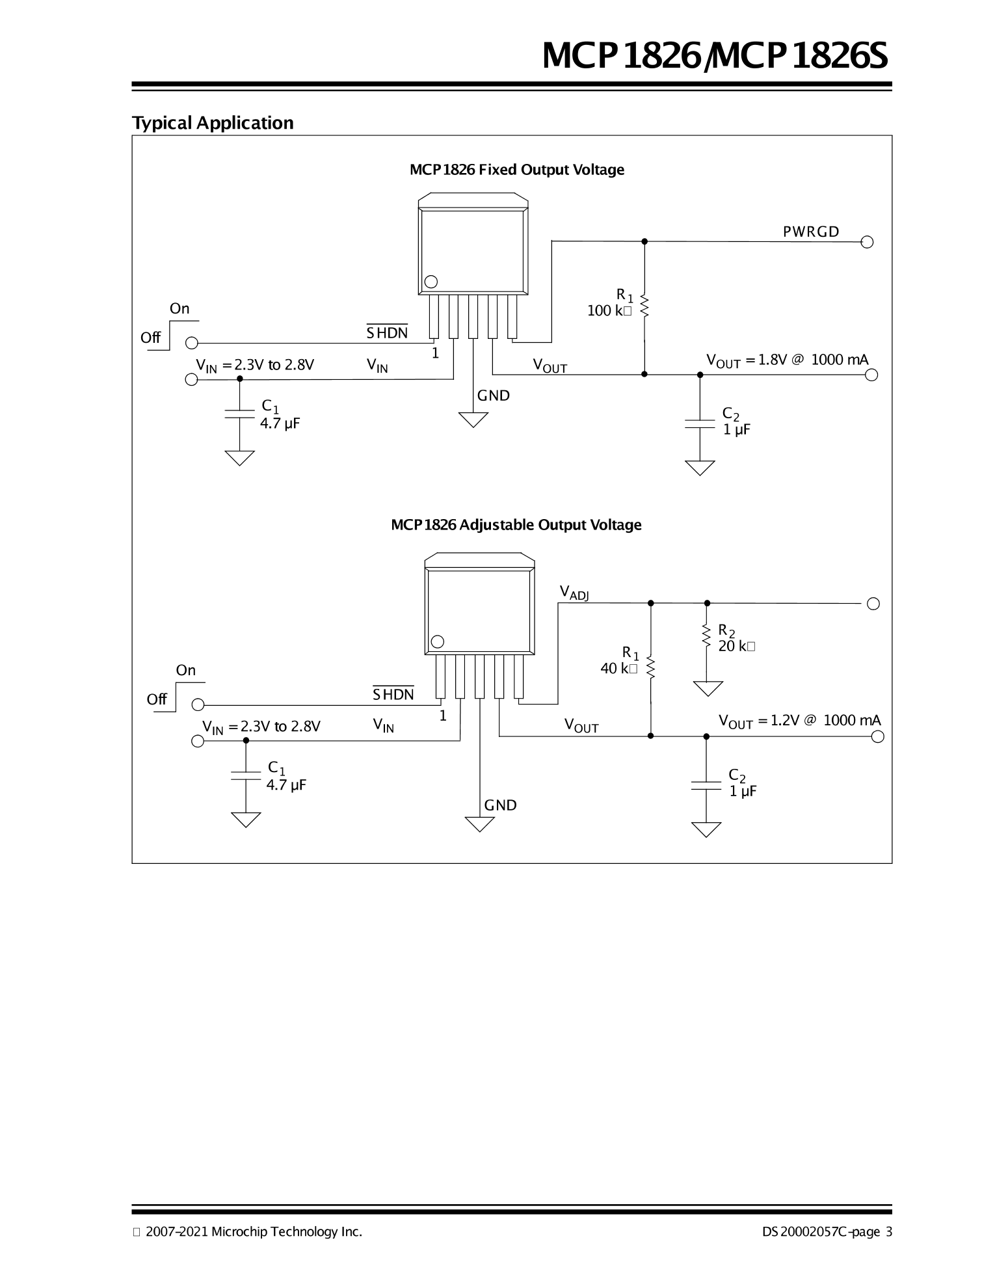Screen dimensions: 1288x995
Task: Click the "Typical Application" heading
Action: (213, 123)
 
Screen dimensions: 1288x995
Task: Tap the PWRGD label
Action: (811, 232)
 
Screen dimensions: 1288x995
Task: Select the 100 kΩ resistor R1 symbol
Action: (644, 305)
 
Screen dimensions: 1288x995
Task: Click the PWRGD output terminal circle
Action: (867, 242)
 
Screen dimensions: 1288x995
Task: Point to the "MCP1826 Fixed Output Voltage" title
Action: (517, 170)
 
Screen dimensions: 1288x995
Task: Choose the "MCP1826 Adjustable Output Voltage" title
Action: (516, 525)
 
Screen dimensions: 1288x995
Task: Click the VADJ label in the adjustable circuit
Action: (574, 592)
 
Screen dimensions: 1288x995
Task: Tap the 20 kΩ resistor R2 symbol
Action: (707, 636)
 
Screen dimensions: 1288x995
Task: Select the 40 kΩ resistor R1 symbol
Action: (651, 668)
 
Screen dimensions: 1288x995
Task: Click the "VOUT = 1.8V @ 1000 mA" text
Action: (788, 360)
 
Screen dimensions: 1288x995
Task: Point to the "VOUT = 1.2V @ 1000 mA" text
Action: (799, 721)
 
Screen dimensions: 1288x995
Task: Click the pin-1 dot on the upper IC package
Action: (431, 282)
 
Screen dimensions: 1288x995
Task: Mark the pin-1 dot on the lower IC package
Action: (438, 642)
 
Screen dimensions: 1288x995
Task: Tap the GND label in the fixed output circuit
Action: (494, 396)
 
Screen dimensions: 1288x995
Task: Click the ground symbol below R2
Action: (708, 688)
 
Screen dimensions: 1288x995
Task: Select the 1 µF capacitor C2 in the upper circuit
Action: (700, 423)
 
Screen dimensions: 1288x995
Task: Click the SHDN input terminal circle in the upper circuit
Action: (192, 343)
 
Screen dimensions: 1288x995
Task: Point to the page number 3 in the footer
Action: (888, 1231)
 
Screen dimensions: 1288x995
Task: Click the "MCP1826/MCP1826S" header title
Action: (715, 57)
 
